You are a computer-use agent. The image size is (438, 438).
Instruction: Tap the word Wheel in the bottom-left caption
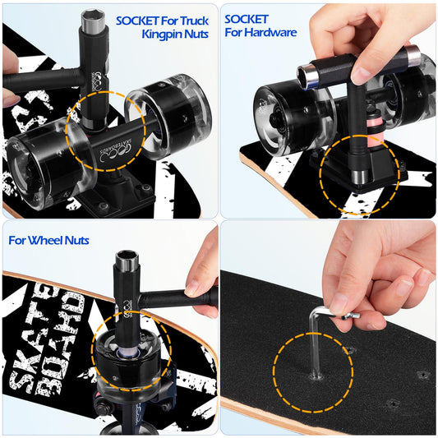click(53, 241)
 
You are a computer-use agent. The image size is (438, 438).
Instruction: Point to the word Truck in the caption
click(193, 20)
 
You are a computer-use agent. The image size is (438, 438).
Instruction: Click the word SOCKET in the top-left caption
click(141, 20)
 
